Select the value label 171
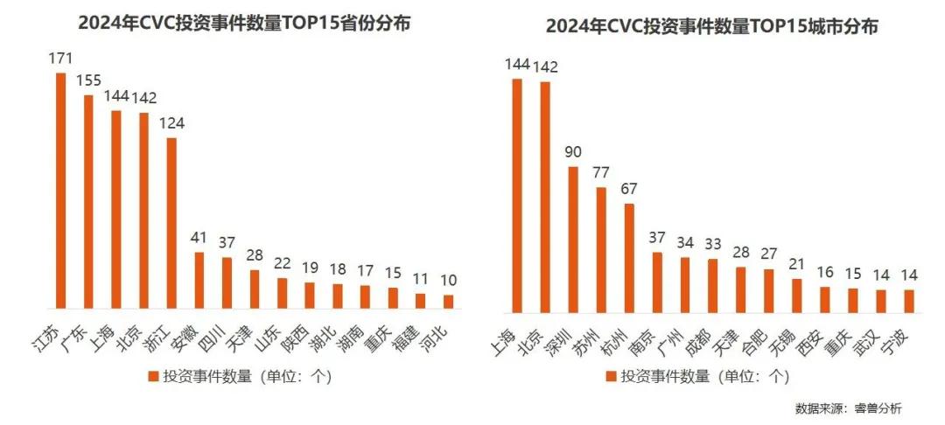pos(60,58)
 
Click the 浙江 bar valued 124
pos(172,223)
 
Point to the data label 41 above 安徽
pos(199,238)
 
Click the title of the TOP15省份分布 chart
pos(244,24)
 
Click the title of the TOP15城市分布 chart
pos(711,26)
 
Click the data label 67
pos(628,190)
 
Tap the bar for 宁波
pos(908,301)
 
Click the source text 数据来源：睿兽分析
pos(848,408)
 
